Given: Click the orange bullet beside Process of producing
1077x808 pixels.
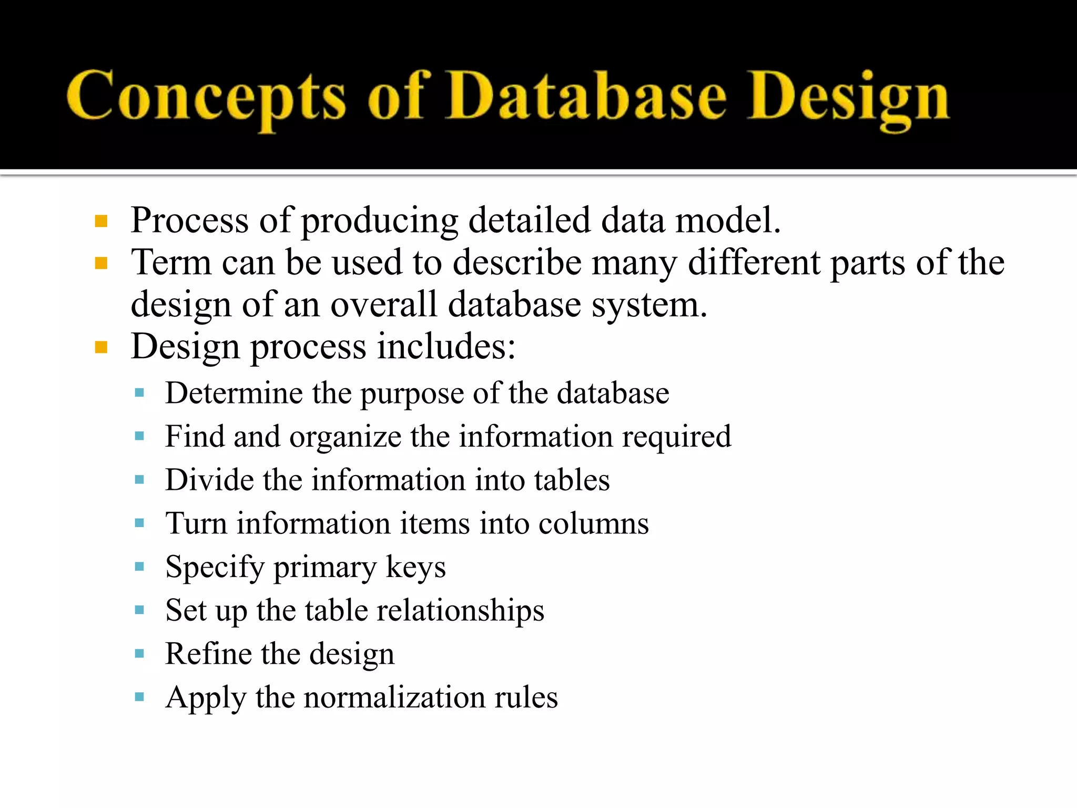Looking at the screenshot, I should coord(101,221).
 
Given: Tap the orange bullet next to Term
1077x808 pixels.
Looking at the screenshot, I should coord(101,263).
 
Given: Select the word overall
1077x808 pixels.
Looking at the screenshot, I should coord(383,305).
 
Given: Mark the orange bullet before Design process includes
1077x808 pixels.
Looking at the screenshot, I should coord(101,347).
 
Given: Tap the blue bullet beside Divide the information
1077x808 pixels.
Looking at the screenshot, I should coord(139,480).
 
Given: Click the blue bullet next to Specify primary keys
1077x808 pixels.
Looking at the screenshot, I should coord(139,567).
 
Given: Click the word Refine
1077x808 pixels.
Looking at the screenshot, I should coord(208,654).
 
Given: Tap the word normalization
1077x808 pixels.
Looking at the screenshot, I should coord(394,698).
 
